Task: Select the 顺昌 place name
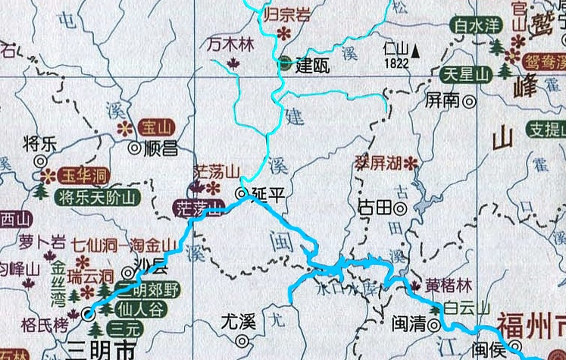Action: point(159,147)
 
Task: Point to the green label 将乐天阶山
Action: point(98,199)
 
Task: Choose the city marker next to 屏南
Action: point(470,99)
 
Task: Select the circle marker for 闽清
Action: point(434,324)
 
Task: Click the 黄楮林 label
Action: point(448,286)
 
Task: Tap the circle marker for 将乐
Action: point(40,161)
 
